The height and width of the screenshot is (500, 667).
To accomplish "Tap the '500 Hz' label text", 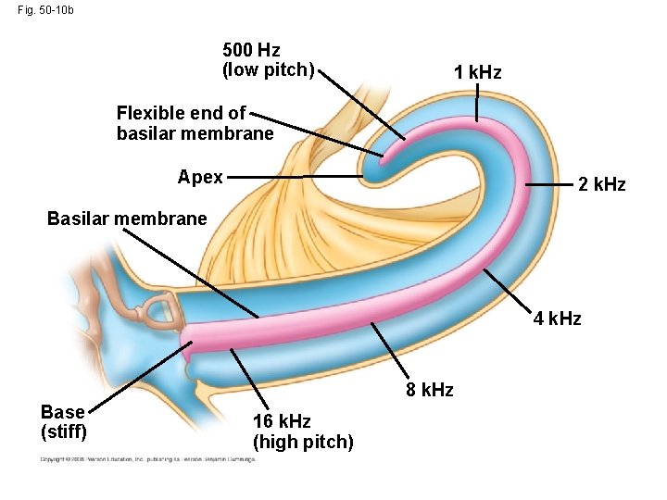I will (251, 50).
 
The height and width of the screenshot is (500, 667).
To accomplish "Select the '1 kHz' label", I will (477, 72).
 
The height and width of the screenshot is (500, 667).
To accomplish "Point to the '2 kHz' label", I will (601, 185).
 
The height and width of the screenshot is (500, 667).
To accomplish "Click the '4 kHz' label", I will (557, 319).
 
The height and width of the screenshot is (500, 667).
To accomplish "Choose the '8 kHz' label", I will (430, 390).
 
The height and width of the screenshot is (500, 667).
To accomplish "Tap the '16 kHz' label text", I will (282, 421).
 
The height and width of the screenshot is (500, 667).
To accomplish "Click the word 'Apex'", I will (200, 177).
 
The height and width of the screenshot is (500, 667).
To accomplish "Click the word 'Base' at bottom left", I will (63, 412).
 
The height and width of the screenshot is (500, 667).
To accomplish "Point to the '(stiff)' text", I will (64, 431).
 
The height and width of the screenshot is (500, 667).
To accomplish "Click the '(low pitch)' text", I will (269, 69).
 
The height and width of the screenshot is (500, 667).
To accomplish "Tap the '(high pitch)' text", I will (303, 442).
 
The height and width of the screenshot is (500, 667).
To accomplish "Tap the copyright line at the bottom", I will (146, 459).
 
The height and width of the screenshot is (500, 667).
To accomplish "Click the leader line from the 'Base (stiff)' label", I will (139, 375).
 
